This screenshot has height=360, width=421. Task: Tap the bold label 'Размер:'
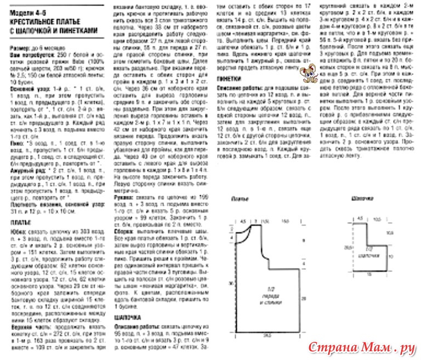(x=20, y=49)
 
